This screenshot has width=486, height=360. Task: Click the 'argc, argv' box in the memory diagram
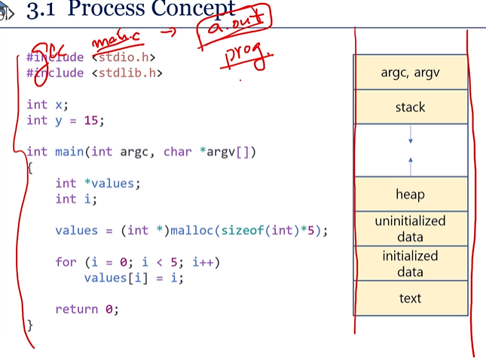(410, 72)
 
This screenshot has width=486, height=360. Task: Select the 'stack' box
(410, 107)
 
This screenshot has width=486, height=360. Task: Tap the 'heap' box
(410, 194)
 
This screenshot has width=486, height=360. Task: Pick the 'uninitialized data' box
(410, 228)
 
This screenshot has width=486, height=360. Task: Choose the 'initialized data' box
(410, 264)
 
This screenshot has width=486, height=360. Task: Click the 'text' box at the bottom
(410, 298)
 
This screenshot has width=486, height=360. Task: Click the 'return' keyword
(77, 309)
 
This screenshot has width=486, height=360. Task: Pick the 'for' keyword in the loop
(66, 262)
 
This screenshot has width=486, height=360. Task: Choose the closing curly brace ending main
(30, 325)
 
